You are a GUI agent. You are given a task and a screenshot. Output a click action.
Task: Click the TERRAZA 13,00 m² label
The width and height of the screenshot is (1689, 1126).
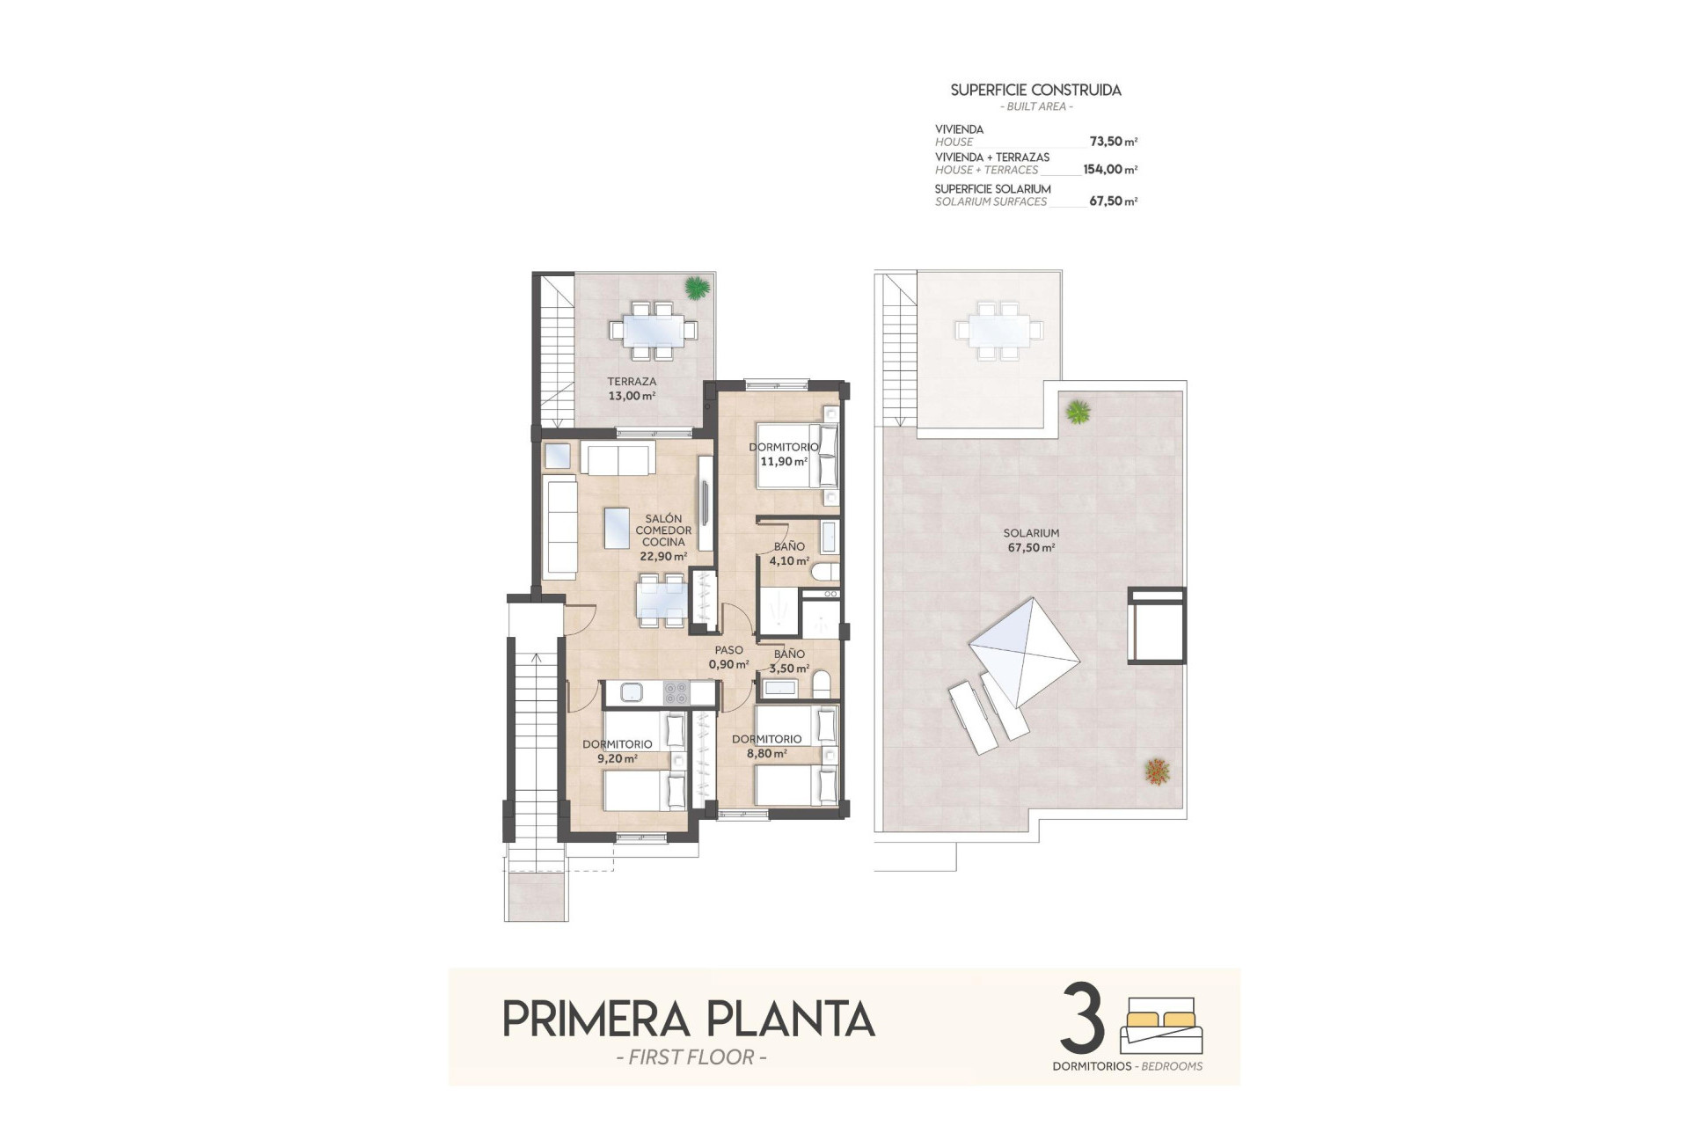click(x=632, y=389)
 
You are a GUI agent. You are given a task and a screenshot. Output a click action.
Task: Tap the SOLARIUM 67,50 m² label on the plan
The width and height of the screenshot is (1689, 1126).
click(x=1031, y=540)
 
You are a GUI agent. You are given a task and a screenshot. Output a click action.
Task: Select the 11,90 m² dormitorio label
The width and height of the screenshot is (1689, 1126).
click(x=783, y=454)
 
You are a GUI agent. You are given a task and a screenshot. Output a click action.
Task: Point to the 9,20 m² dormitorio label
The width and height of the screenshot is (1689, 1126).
click(x=617, y=751)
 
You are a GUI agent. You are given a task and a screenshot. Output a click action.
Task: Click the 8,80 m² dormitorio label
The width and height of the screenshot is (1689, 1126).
click(x=766, y=746)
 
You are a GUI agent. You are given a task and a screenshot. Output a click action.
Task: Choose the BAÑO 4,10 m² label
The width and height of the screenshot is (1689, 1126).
click(x=788, y=553)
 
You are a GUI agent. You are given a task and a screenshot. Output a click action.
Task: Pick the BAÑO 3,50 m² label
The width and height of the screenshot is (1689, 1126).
click(x=789, y=661)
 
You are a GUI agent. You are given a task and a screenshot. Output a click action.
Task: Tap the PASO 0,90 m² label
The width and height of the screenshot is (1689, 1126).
click(x=728, y=657)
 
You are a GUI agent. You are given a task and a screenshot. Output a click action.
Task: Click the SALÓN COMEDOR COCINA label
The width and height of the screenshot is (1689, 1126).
click(x=663, y=537)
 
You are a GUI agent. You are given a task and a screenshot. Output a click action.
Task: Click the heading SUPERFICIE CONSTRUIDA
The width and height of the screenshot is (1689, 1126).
click(x=1035, y=90)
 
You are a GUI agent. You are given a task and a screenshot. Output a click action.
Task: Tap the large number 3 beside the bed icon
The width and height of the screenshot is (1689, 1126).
click(x=1083, y=1019)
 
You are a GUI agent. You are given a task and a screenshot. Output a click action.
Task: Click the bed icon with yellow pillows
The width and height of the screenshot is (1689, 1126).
click(x=1161, y=1026)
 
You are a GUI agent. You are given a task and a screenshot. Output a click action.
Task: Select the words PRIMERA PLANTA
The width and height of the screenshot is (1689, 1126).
click(x=688, y=1019)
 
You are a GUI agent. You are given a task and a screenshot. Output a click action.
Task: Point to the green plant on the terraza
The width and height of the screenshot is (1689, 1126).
click(x=697, y=287)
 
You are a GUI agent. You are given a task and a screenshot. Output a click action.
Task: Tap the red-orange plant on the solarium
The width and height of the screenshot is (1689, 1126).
click(x=1158, y=771)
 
